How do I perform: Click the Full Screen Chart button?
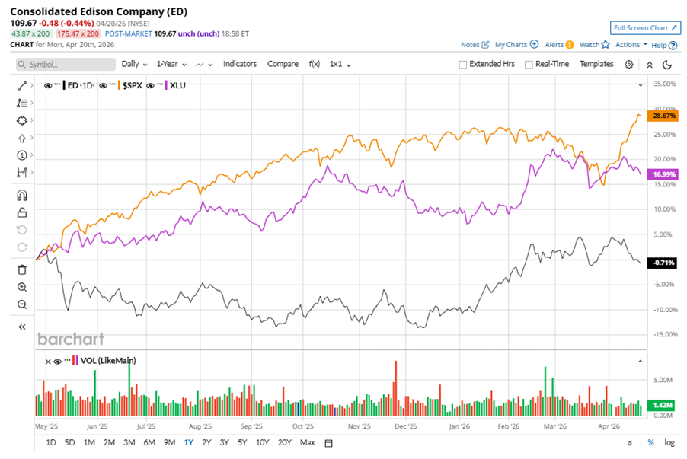coord(644,28)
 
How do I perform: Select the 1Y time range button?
coord(188,442)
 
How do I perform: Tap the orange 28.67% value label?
coord(660,116)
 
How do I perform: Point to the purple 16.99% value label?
coord(660,174)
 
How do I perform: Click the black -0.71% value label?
coord(660,263)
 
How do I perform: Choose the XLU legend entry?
coord(177,85)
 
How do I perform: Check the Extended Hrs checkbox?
coord(463,65)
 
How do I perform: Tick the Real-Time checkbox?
coord(529,65)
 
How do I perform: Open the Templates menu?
coord(596,64)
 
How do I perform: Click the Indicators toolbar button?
coord(240,64)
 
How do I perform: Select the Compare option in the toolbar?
coord(283,64)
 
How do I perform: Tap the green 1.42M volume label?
coord(660,406)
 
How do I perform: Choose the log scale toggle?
coord(669,442)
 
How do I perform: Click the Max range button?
coord(308,442)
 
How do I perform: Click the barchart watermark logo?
coord(71,339)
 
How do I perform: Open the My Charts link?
coord(516,45)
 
